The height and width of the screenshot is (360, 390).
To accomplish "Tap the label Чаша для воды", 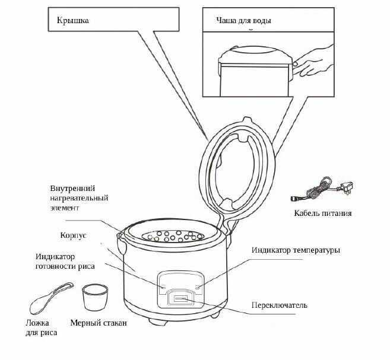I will click(x=244, y=20).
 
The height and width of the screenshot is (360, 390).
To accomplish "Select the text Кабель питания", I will click(x=323, y=213).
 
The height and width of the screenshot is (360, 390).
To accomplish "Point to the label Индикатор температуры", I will click(x=296, y=250).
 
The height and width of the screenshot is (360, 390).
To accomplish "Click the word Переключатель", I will click(x=279, y=305).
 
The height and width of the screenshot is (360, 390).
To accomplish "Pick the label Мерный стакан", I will click(x=99, y=323).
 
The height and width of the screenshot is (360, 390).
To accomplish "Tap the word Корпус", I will click(x=73, y=235).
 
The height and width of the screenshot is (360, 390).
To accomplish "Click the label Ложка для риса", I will click(x=42, y=328).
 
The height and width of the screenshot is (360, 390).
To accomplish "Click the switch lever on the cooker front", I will click(x=180, y=298).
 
